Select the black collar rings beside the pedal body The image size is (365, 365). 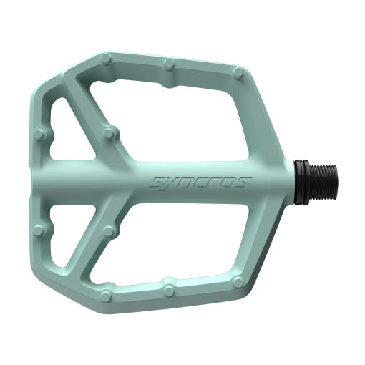[301, 182]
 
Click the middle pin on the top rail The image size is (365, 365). [170, 64]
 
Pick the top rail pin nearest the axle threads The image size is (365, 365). [238, 72]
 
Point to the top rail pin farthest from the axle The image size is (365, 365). [106, 58]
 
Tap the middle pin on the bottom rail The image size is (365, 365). [169, 289]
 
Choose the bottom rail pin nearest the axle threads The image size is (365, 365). [238, 282]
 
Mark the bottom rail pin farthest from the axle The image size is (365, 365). [106, 296]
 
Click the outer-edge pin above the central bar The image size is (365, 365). [39, 134]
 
